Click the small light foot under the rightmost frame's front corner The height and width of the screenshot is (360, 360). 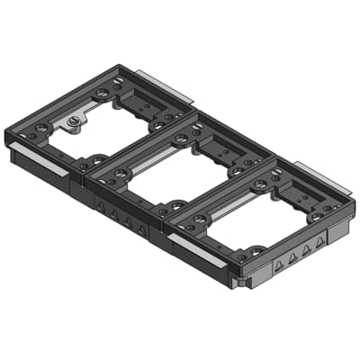tap(236, 283)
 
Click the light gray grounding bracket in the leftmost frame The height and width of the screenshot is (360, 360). tap(72, 121)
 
